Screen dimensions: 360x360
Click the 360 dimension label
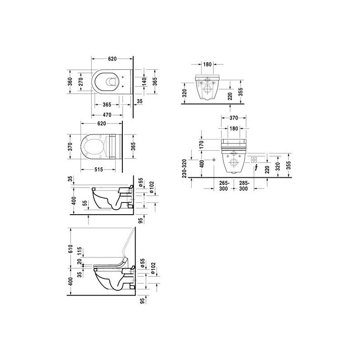click(x=70, y=82)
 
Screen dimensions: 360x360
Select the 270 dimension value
click(x=81, y=82)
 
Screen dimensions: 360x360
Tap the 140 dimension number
click(x=144, y=82)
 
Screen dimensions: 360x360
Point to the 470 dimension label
click(x=107, y=115)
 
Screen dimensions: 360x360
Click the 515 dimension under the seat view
click(x=99, y=170)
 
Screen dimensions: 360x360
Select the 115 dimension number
click(x=80, y=252)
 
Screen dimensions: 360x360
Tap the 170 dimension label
click(x=201, y=145)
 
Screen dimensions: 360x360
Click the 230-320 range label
click(x=184, y=168)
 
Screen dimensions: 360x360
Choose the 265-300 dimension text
click(x=223, y=186)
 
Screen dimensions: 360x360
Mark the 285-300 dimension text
click(x=243, y=186)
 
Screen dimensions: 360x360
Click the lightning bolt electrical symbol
click(x=256, y=168)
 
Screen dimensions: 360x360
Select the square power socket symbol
click(x=254, y=160)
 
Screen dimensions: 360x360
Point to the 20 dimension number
click(x=80, y=262)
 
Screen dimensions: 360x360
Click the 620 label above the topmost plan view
click(x=112, y=59)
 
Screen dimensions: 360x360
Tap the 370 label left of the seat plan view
click(x=70, y=147)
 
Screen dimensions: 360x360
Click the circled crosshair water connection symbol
click(x=214, y=160)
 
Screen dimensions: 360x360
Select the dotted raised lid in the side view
click(x=128, y=243)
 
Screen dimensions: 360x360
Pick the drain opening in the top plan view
click(x=112, y=82)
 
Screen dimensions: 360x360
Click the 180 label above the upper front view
click(x=207, y=64)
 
